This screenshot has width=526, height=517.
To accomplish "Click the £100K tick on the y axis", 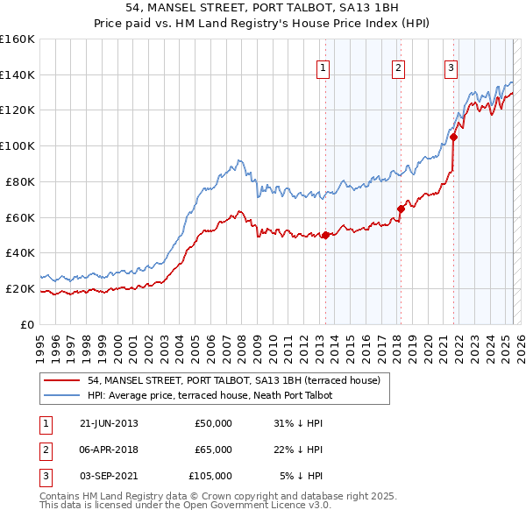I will [17, 145].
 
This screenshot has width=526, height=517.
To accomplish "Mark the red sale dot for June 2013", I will [325, 235].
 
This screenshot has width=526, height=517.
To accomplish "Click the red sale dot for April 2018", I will [401, 209].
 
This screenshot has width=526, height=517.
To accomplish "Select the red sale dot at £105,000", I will [454, 137].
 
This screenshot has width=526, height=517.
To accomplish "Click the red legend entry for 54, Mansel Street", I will [233, 381].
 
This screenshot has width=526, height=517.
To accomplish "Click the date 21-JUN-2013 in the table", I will [109, 423].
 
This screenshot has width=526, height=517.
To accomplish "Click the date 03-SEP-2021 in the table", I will [109, 476].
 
